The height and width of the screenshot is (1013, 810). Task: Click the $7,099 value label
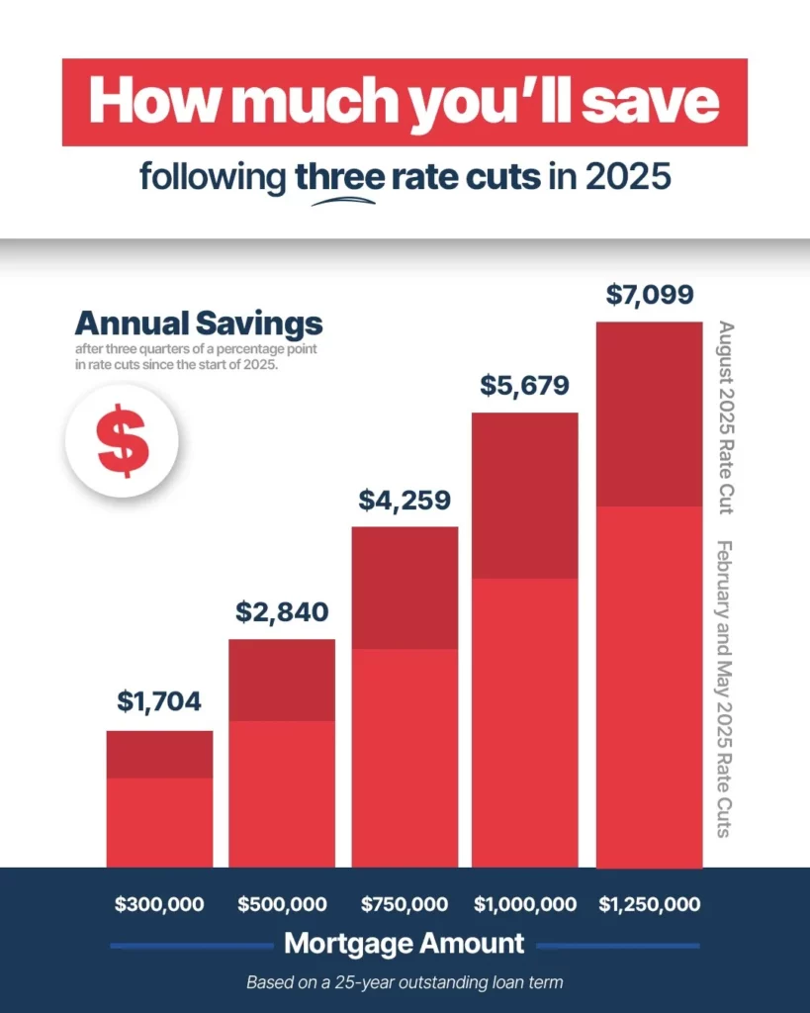[649, 294]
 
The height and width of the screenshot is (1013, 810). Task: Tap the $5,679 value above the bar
[526, 385]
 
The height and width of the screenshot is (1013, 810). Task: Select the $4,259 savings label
[405, 500]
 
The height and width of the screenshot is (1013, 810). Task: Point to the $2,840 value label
[282, 611]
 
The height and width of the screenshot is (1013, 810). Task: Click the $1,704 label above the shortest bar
[159, 701]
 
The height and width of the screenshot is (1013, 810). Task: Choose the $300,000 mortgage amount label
[159, 904]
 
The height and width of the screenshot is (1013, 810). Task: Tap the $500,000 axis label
[282, 904]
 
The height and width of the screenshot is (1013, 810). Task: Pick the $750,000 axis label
[405, 904]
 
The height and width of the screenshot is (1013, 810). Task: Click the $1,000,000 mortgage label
[526, 904]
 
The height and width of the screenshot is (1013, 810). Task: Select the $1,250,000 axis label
[650, 904]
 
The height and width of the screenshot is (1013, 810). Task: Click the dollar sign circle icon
[122, 441]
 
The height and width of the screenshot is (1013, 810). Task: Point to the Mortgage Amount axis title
[404, 944]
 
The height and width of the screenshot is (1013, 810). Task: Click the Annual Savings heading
[199, 323]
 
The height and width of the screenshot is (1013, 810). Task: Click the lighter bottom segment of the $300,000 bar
[159, 822]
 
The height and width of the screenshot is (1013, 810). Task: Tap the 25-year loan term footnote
[405, 983]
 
